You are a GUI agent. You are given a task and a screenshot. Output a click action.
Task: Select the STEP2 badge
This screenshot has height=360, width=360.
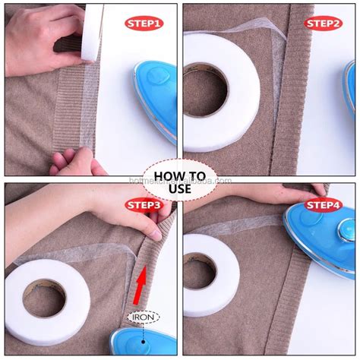coord(323,23)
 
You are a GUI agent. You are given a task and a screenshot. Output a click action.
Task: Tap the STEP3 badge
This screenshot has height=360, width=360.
coord(144,205)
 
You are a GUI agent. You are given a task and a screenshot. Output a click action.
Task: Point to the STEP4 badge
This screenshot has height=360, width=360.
coord(323,205)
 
